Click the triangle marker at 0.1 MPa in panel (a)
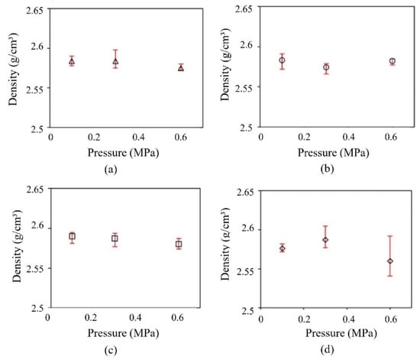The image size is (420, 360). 72,61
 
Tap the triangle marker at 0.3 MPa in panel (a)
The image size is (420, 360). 115,61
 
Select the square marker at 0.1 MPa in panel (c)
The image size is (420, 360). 72,236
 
